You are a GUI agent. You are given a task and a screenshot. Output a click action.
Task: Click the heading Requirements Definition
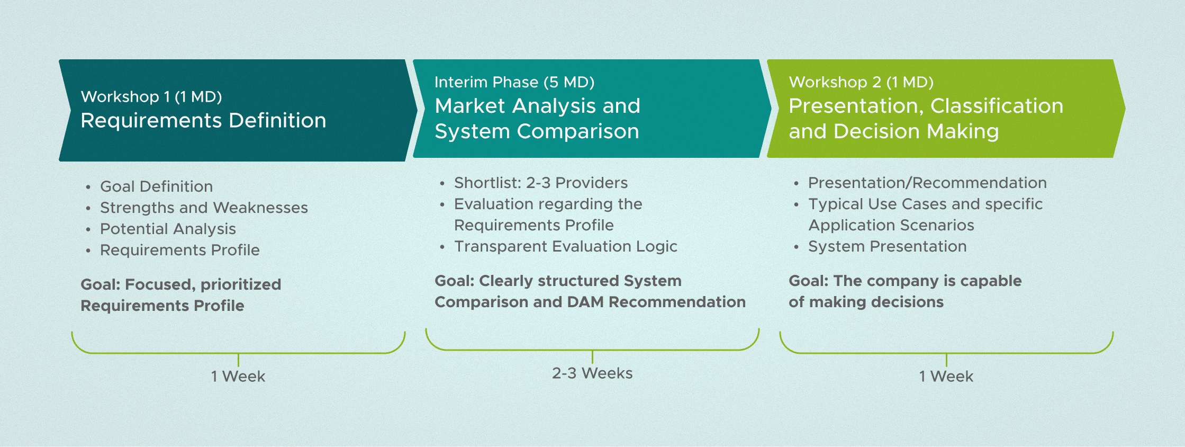(x=203, y=121)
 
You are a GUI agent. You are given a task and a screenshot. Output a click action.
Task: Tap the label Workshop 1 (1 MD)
(x=151, y=97)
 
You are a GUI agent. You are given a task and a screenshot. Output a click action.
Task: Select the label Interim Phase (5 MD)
(x=514, y=83)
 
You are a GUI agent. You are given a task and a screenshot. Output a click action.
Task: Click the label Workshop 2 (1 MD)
(x=861, y=83)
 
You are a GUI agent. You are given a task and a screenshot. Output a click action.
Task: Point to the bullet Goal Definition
(x=156, y=186)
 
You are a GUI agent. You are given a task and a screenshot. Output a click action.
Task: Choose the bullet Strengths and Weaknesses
(x=204, y=208)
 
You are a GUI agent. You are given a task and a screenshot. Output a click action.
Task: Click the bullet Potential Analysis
(x=168, y=229)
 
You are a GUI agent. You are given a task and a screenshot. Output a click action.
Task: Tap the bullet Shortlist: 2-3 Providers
(x=540, y=183)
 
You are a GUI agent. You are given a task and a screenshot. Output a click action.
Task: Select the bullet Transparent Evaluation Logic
(x=565, y=246)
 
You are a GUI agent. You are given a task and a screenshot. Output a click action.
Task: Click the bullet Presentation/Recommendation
(x=927, y=183)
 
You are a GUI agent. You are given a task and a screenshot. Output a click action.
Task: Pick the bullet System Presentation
(x=887, y=246)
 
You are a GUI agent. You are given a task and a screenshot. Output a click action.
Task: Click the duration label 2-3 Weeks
(x=592, y=373)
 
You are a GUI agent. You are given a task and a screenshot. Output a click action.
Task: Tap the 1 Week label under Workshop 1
(x=238, y=377)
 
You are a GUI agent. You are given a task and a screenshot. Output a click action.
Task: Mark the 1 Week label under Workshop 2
(x=946, y=377)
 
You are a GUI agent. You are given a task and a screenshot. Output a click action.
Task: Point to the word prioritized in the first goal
(x=241, y=284)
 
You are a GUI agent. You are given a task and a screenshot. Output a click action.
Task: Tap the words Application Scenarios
(x=891, y=225)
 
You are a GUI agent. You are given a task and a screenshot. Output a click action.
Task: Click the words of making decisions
(x=866, y=302)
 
